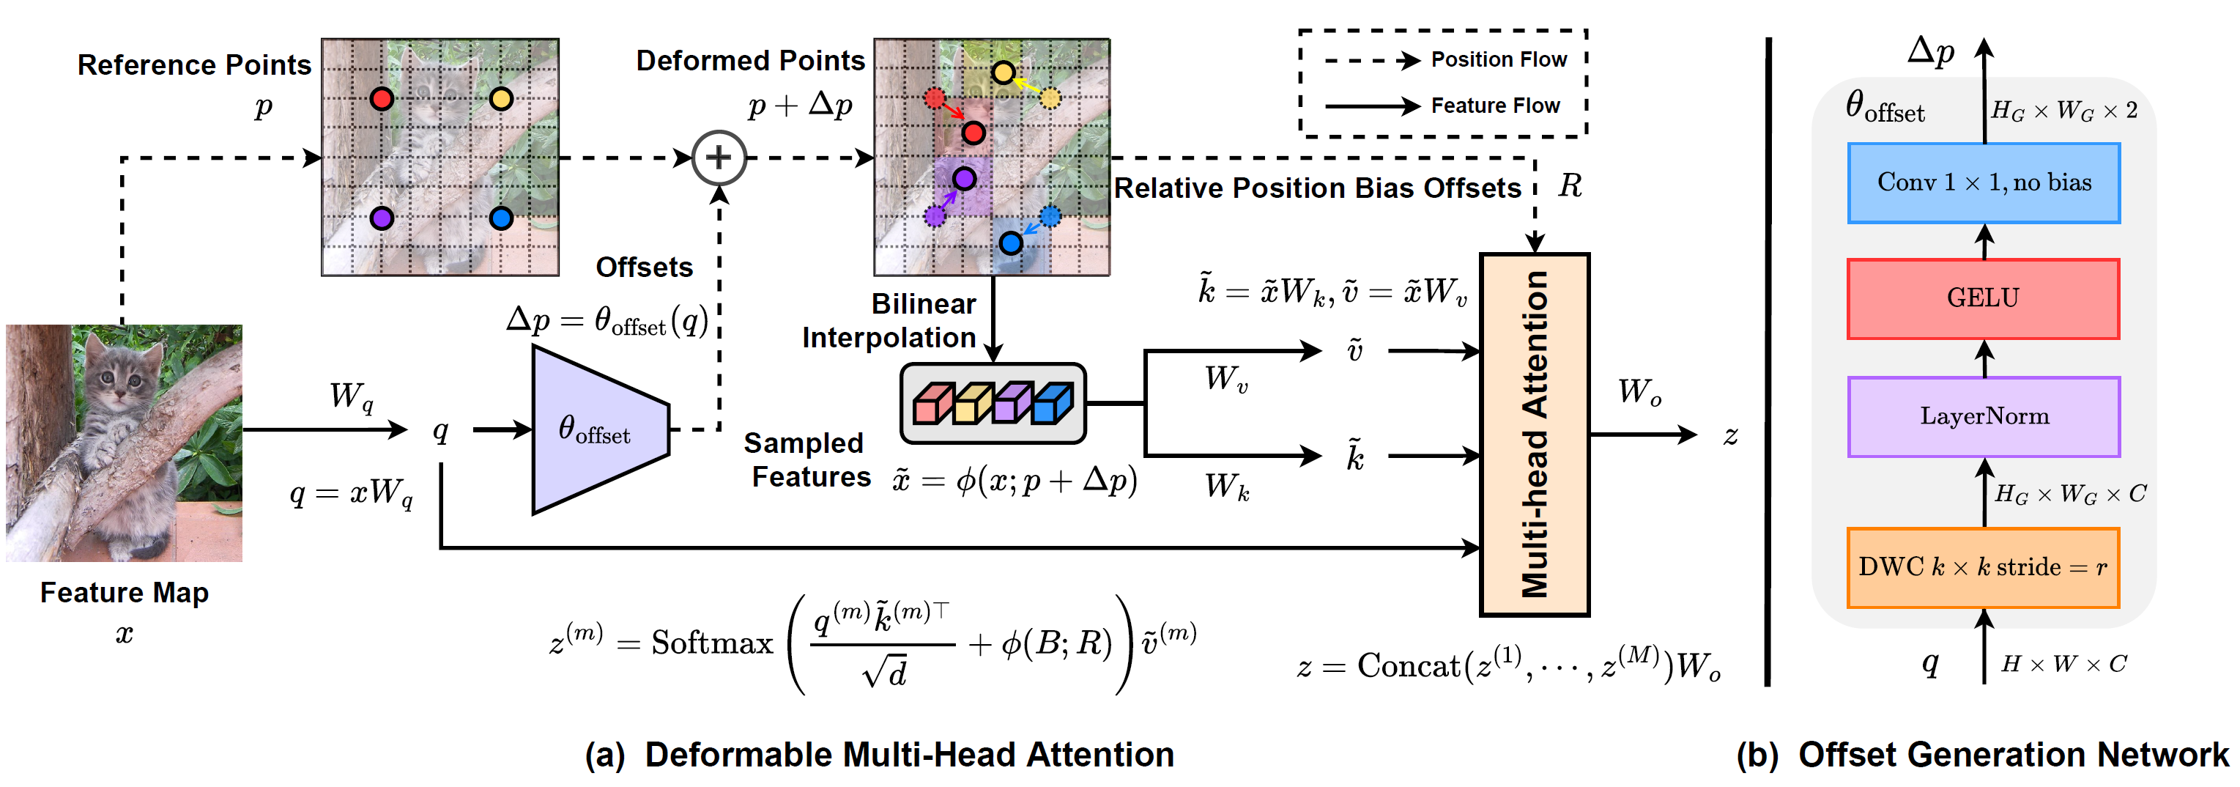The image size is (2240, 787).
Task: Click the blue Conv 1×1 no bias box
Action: (x=1983, y=182)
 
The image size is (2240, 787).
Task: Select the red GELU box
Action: (x=1983, y=298)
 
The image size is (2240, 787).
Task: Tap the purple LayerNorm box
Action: (x=1983, y=416)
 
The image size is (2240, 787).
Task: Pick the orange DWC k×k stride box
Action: (x=1983, y=567)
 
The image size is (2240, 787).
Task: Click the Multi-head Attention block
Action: (x=1535, y=435)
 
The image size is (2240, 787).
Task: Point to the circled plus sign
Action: (x=719, y=158)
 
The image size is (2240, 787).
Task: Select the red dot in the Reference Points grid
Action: (x=381, y=98)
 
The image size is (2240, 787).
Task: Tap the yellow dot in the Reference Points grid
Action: (x=501, y=98)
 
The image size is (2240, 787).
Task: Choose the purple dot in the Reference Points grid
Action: (x=381, y=218)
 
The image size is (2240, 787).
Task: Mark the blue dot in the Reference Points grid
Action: (x=501, y=218)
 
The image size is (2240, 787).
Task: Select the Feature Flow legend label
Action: (x=1495, y=106)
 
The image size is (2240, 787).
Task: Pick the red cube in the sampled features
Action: (x=932, y=404)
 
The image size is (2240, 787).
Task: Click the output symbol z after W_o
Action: (x=1730, y=435)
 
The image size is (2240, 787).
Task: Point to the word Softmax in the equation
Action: (x=711, y=643)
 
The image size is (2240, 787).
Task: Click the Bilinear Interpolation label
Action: (x=889, y=320)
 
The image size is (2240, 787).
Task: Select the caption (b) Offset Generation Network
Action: (x=1983, y=754)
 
